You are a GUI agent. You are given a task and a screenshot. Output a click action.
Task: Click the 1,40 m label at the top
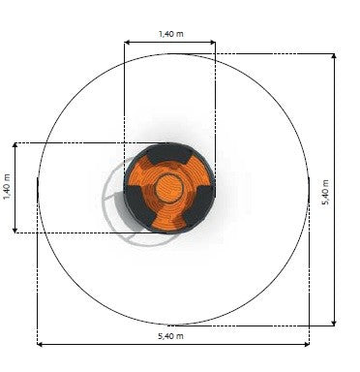pyautogui.click(x=171, y=34)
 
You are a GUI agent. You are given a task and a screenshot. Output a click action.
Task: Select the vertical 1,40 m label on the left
pyautogui.click(x=7, y=187)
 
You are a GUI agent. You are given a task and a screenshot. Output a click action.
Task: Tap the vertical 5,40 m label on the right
pyautogui.click(x=325, y=192)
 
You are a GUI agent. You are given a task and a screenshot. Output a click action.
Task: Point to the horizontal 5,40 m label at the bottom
pyautogui.click(x=170, y=336)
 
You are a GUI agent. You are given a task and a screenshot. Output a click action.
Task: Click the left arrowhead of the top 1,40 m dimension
pyautogui.click(x=127, y=42)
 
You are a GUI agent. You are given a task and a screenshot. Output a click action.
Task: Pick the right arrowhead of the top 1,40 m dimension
pyautogui.click(x=213, y=42)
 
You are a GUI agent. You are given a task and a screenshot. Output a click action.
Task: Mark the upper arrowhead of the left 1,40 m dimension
pyautogui.click(x=15, y=145)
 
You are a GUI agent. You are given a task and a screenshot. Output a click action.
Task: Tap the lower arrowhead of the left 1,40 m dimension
pyautogui.click(x=15, y=230)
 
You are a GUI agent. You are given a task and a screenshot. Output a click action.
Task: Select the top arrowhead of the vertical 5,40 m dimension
pyautogui.click(x=334, y=56)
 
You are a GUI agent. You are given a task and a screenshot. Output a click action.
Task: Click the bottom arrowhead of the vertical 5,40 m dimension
pyautogui.click(x=334, y=323)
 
